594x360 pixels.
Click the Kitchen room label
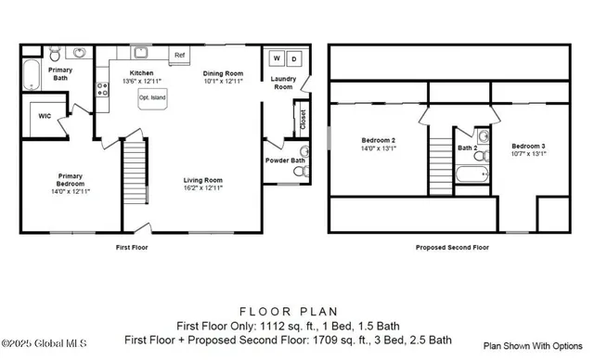[x=141, y=72]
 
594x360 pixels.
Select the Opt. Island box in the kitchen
[x=150, y=96]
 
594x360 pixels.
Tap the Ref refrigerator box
[x=179, y=56]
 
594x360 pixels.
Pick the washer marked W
[x=275, y=59]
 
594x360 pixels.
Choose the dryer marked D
[x=294, y=59]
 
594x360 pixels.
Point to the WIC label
[x=45, y=117]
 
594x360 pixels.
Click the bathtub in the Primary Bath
[x=32, y=73]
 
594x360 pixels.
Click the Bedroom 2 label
[x=378, y=140]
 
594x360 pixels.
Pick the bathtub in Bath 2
[x=472, y=174]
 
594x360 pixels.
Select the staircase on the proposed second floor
[x=440, y=162]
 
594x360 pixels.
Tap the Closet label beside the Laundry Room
[x=302, y=120]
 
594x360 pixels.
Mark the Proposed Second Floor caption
[x=453, y=248]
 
